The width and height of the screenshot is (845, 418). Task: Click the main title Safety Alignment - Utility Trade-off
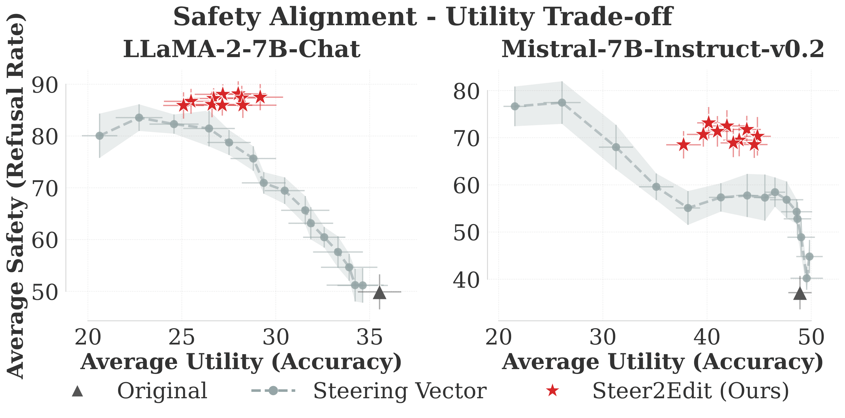point(422,17)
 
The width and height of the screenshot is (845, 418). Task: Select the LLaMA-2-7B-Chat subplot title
point(242,49)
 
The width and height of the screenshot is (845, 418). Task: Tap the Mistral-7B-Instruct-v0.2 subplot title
point(663,49)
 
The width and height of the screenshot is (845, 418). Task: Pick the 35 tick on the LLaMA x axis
point(370,337)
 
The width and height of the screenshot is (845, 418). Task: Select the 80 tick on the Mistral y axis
point(466,92)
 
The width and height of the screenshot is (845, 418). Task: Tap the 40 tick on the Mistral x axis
point(707,337)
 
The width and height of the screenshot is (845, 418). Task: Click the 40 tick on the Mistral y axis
point(466,280)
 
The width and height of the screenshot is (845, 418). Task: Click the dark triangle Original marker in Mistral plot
point(800,294)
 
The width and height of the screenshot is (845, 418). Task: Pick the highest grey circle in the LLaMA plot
point(139,118)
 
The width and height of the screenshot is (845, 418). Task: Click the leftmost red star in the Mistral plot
point(684,145)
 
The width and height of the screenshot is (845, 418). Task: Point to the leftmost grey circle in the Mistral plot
point(515,106)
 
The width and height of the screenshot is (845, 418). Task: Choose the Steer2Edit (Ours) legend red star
point(552,391)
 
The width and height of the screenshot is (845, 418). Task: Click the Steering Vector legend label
point(399,391)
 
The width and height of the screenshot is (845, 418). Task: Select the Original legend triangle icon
point(78,391)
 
